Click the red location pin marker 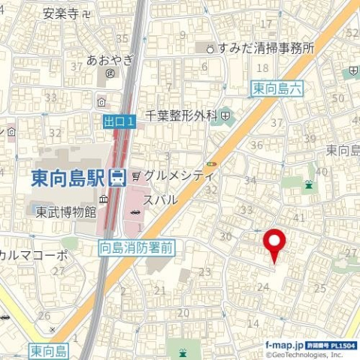click(x=275, y=244)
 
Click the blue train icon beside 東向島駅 click(x=116, y=178)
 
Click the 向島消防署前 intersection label click(x=136, y=245)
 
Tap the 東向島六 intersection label click(x=276, y=89)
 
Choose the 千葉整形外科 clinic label click(x=180, y=116)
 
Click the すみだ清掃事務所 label click(x=265, y=48)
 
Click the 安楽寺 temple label click(x=62, y=13)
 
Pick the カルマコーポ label click(x=34, y=254)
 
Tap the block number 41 click(x=299, y=217)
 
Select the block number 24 click(x=263, y=286)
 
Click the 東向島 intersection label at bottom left click(x=50, y=350)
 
